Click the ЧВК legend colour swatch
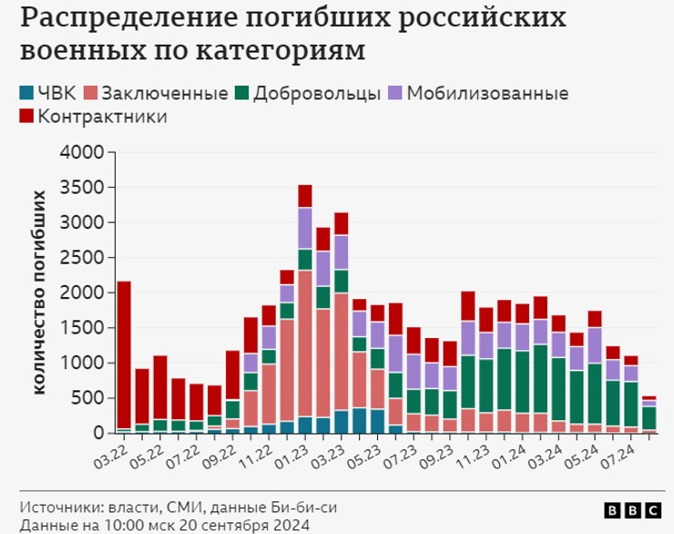26,93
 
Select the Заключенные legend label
164,93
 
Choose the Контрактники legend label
103,117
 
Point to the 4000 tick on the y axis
85,152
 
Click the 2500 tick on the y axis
85,258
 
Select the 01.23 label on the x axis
291,451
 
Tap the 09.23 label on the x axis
436,451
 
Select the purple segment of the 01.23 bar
305,228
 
